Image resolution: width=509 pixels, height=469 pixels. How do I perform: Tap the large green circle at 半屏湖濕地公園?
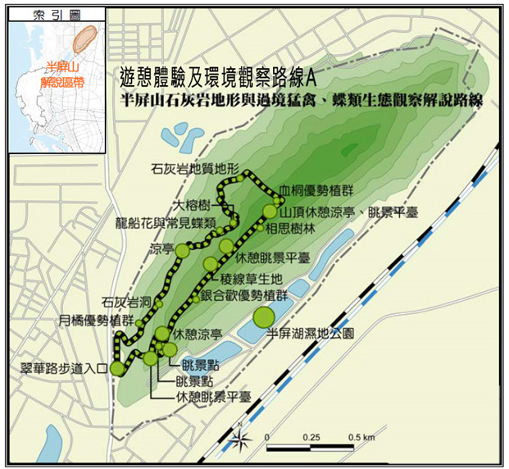point(264,316)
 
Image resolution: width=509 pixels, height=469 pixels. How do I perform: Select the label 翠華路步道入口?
point(66,369)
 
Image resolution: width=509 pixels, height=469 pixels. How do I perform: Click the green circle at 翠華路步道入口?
point(117,368)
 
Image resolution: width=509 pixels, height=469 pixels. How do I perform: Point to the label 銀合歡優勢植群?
point(243,295)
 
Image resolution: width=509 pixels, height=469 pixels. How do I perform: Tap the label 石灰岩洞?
point(124,303)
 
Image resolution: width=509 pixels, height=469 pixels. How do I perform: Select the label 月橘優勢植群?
point(97,320)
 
